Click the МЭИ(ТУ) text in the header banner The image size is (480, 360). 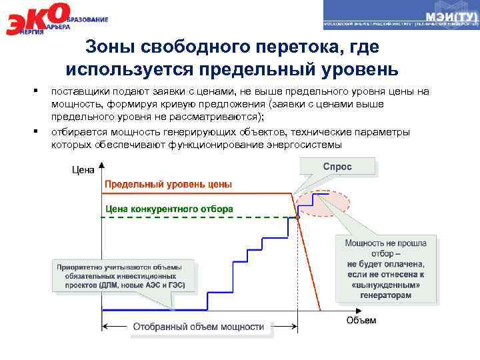[451, 15]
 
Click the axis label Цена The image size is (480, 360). [83, 170]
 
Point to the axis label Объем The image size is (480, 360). [361, 320]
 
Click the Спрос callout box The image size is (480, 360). [337, 166]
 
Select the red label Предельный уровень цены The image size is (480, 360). [167, 183]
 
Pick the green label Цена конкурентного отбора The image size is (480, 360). [167, 208]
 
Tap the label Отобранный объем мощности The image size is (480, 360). [198, 327]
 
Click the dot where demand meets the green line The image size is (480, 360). [297, 217]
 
